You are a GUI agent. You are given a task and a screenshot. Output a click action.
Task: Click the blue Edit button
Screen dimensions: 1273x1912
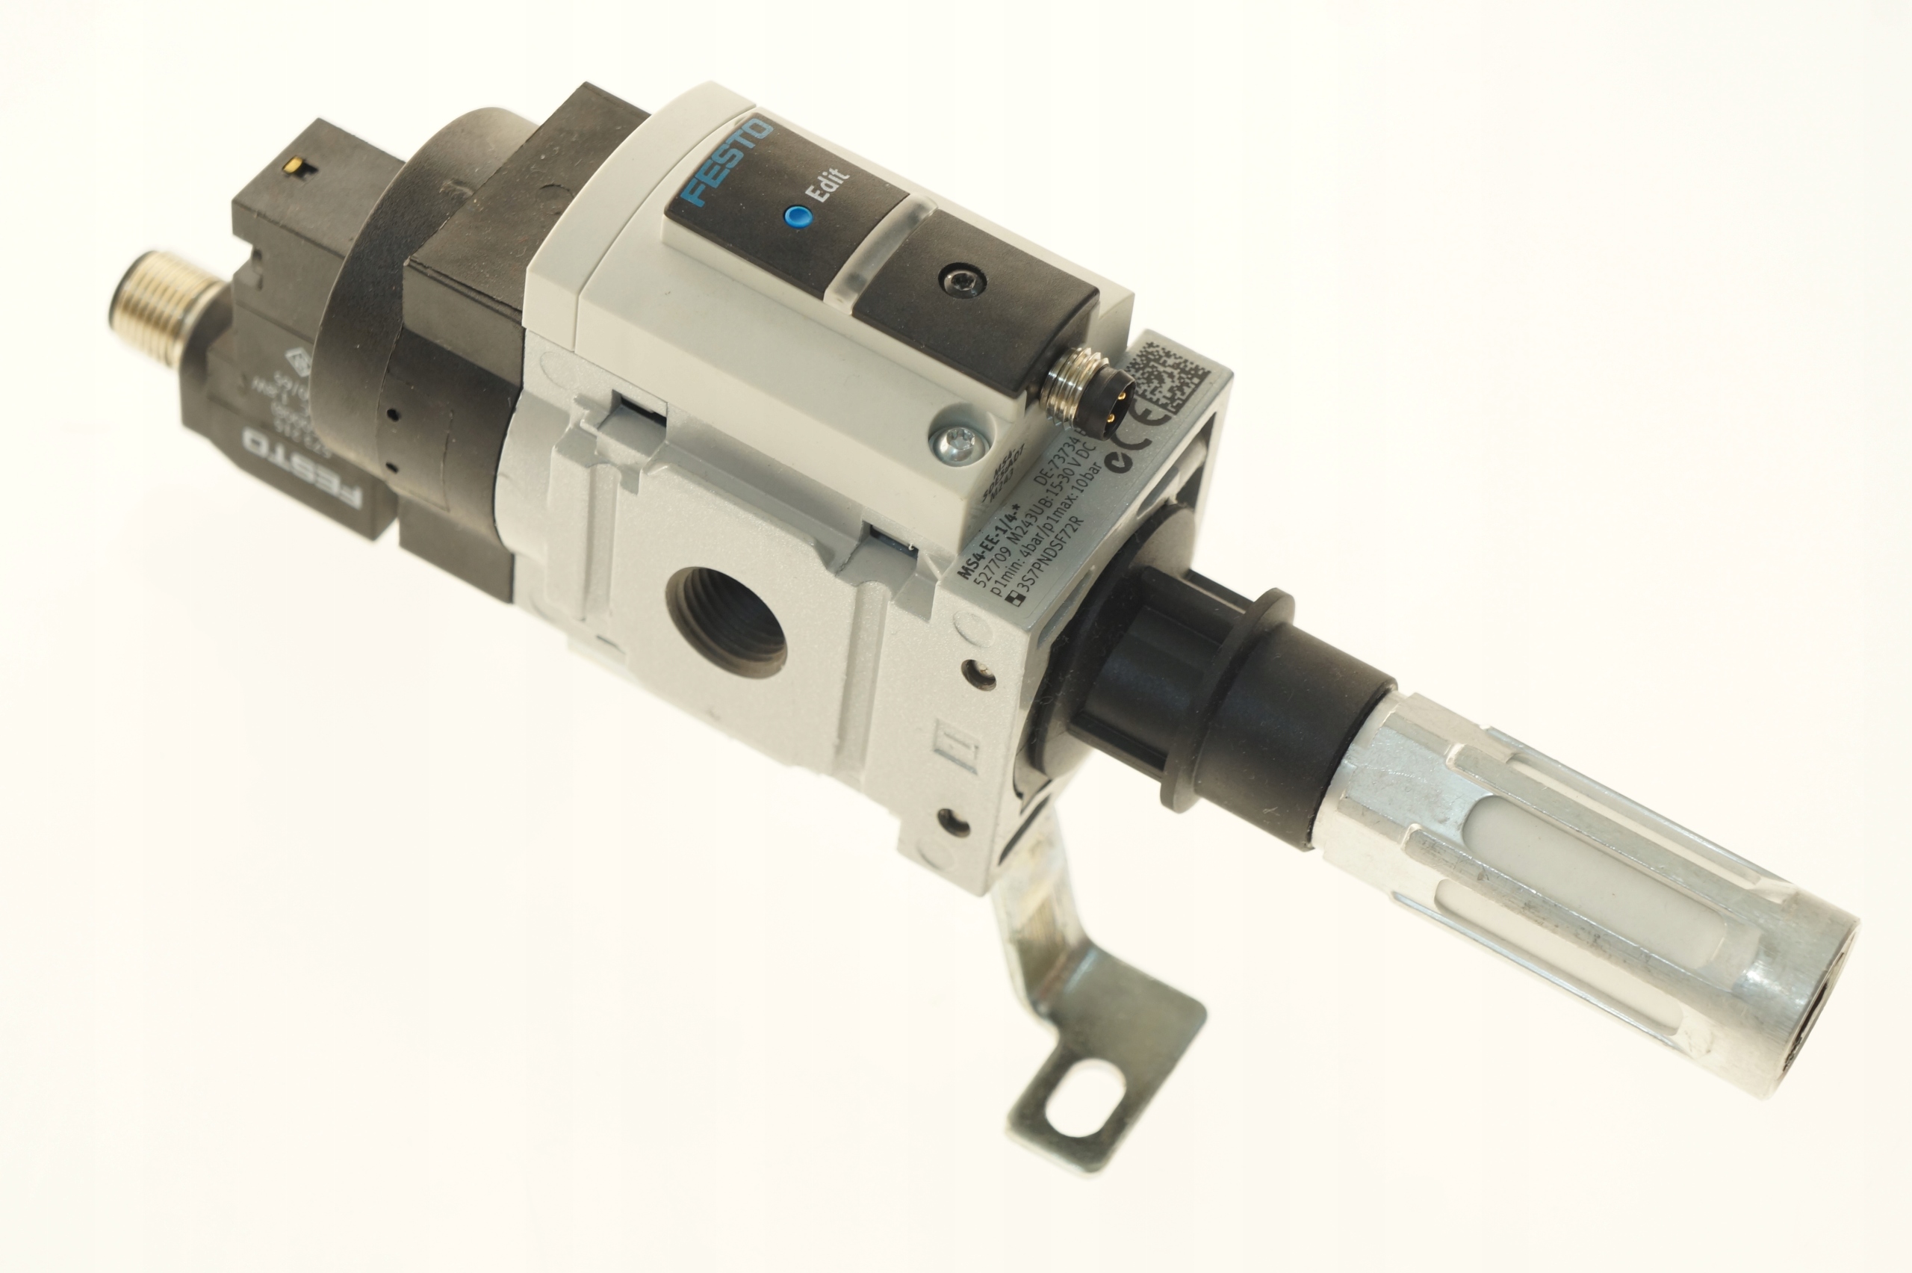[798, 216]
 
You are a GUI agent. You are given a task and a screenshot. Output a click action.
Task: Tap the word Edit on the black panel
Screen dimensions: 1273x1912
[835, 186]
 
